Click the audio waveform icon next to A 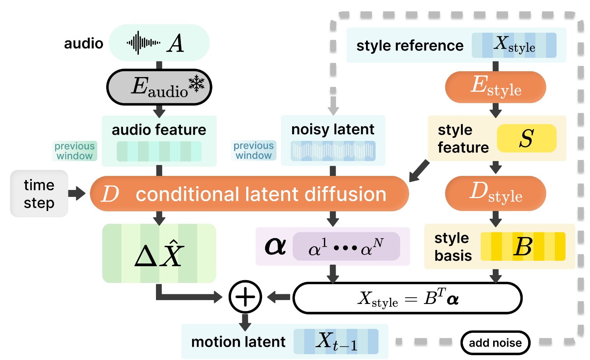coord(143,42)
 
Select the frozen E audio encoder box coord(159,87)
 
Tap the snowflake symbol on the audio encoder coord(196,83)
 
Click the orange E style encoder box coord(495,87)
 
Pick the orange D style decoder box coord(495,193)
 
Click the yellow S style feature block coord(526,138)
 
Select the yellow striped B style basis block coord(523,246)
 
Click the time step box coord(39,193)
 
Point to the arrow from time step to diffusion coord(77,193)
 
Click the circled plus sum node coord(245,297)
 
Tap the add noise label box coord(495,343)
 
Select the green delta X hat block coord(159,253)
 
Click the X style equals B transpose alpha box coord(407,298)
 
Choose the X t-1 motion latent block coord(336,341)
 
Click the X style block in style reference coord(514,45)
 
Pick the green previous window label coord(75,151)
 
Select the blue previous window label coord(254,151)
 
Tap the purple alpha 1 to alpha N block coord(346,246)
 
